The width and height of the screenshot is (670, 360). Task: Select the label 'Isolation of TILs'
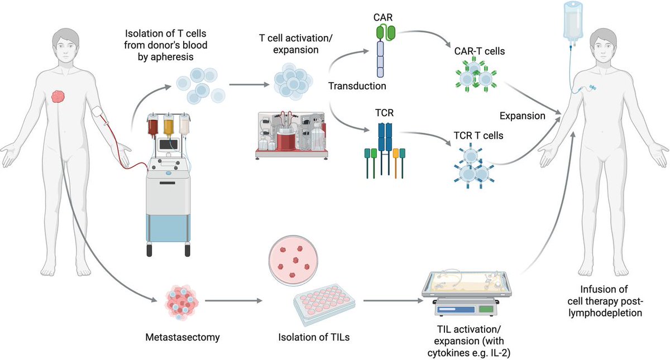(310, 337)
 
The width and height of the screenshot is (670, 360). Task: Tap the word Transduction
(357, 86)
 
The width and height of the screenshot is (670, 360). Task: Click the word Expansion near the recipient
(523, 117)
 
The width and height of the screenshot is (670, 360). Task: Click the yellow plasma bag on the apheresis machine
(168, 127)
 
